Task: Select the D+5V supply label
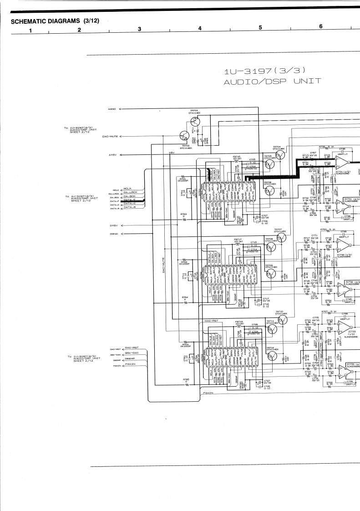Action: coord(113,225)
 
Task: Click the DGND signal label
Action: coord(113,234)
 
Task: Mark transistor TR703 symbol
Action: coord(195,121)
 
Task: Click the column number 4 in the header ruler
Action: coord(199,28)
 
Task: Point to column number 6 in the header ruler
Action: coord(321,26)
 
